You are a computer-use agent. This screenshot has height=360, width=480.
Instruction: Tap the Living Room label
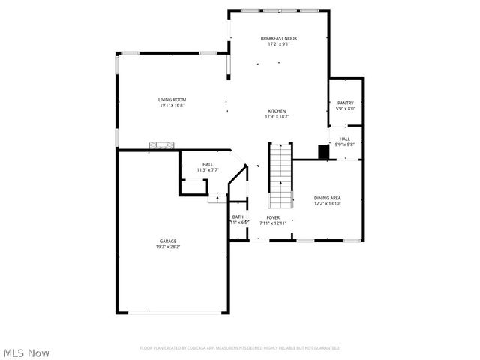pos(172,100)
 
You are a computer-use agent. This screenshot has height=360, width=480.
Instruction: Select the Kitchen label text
pos(277,111)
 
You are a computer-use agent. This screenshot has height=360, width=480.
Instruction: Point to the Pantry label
pos(345,103)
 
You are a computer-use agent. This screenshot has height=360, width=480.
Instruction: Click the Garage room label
pos(167,241)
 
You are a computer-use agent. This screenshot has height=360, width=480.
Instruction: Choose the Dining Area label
pos(327,198)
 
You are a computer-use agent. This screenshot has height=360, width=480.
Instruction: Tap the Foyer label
pos(273,217)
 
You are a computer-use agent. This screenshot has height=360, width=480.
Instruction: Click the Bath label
pos(238,217)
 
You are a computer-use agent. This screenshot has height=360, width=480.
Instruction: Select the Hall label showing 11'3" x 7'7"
pos(208,164)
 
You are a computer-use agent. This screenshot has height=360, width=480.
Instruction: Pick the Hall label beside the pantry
pos(344,139)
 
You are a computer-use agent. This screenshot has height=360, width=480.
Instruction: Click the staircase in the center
pos(280,177)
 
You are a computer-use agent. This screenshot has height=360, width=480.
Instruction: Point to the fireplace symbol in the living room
pos(161,145)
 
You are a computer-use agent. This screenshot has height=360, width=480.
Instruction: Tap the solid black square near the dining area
pos(324,152)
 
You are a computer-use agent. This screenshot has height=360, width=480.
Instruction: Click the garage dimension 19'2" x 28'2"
pos(167,247)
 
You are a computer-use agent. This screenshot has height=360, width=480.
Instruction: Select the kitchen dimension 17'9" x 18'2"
pos(277,117)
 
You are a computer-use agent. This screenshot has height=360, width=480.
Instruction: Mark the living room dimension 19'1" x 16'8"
pos(172,106)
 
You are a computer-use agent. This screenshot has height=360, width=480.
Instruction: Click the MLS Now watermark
pos(26,352)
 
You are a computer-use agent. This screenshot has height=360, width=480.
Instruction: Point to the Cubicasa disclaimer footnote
pos(240,348)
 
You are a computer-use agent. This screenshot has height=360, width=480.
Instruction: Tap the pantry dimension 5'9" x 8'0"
pos(345,109)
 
